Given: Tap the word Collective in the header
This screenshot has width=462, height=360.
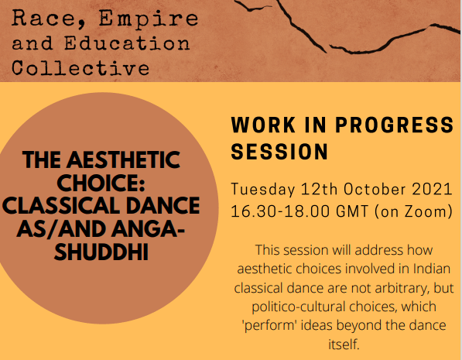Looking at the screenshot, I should coord(80,67).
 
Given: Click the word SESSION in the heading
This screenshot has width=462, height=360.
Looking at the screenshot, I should coord(279,151).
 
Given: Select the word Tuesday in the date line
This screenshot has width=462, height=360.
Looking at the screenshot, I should coord(263,189).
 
